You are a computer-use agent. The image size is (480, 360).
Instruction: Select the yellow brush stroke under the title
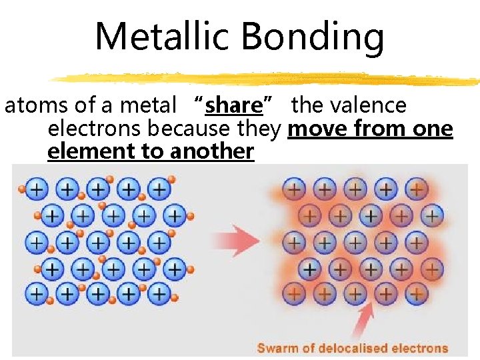[x=267, y=79]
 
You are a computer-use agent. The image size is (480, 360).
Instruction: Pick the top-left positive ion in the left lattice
[x=36, y=189]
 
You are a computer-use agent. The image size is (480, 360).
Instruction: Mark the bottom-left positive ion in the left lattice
[x=36, y=293]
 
